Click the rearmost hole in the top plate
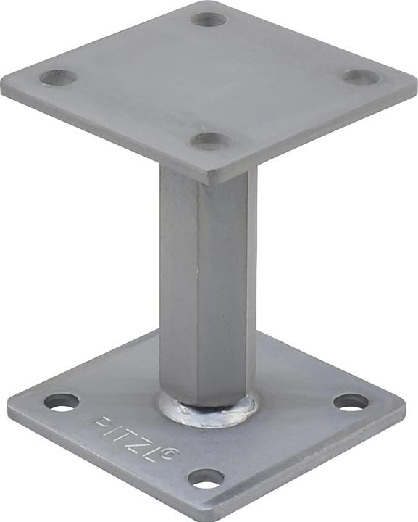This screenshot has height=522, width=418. pyautogui.click(x=209, y=19)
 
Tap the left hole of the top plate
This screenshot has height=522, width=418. pyautogui.click(x=59, y=77)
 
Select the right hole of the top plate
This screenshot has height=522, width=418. pyautogui.click(x=361, y=77)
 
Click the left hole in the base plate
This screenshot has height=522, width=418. pyautogui.click(x=62, y=401)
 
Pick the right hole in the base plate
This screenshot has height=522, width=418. pyautogui.click(x=351, y=402)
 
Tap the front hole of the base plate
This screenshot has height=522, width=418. pyautogui.click(x=206, y=478)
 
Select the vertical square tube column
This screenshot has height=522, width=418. pyautogui.click(x=207, y=290)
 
